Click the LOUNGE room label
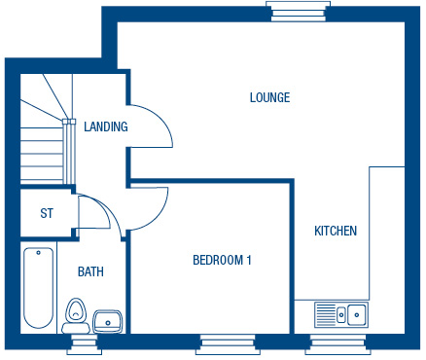[269, 97]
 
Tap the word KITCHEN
[336, 231]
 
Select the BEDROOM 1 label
[222, 260]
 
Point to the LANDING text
[106, 126]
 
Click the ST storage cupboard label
[47, 213]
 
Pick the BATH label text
[90, 271]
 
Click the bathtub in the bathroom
[39, 288]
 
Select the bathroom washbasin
[107, 321]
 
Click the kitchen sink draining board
[326, 314]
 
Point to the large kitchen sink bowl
[357, 314]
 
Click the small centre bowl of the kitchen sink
[341, 314]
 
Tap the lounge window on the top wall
[299, 12]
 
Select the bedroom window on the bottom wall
[229, 344]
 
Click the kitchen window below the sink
[338, 344]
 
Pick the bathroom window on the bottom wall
[84, 344]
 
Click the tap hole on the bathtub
[39, 253]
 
